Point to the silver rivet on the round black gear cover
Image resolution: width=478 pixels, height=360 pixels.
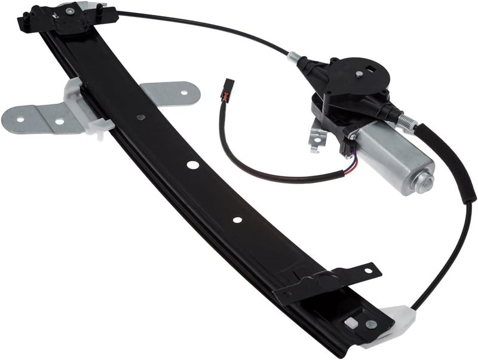coord(358,74)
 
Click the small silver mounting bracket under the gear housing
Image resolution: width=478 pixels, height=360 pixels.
coord(317,137)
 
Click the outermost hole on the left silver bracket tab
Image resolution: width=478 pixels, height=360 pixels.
coord(20,119)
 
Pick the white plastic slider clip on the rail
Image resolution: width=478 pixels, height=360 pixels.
coord(84,108)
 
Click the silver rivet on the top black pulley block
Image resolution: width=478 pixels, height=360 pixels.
coord(71,11)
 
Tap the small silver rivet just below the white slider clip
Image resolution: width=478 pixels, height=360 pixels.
coord(140,117)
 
